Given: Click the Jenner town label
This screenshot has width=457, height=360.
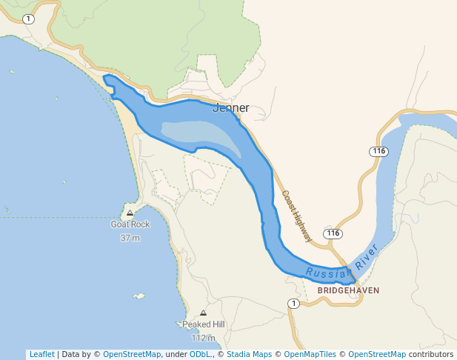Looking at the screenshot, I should [x=231, y=108].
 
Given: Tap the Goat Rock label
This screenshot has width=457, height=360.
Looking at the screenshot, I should [x=130, y=224].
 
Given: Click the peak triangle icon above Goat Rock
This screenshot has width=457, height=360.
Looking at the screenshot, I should [x=130, y=213].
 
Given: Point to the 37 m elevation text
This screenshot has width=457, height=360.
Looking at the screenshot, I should [x=130, y=238].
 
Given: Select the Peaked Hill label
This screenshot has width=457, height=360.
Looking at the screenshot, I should [x=203, y=324].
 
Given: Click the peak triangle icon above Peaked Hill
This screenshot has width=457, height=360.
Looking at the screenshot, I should [x=203, y=313].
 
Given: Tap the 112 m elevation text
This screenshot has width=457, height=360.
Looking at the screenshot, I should [x=203, y=338].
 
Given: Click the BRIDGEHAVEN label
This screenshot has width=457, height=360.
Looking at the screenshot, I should [x=348, y=290].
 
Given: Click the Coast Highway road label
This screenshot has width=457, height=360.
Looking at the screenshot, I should [x=296, y=216].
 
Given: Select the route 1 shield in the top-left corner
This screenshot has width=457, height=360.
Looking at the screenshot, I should [x=28, y=19].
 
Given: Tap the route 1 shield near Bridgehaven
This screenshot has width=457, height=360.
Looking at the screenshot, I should [x=294, y=304].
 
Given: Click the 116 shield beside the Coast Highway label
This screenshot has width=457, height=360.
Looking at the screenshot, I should [x=333, y=233].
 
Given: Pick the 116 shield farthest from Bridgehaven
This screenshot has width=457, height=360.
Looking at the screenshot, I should [x=379, y=151].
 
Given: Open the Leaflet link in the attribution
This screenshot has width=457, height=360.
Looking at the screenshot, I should [x=41, y=354].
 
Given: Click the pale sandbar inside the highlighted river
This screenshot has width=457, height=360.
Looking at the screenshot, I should [x=200, y=134].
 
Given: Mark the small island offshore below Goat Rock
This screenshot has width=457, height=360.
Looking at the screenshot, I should [x=139, y=296].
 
